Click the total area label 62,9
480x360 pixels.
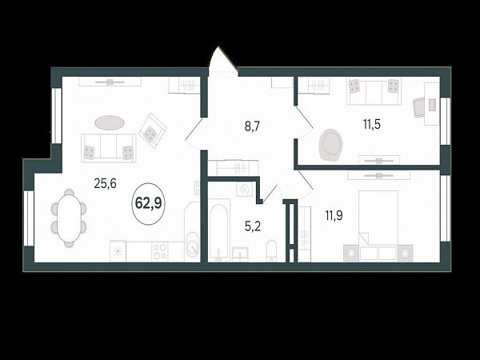tap(148, 203)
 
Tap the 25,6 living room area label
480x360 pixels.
tap(105, 184)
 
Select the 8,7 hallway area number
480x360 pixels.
tap(252, 126)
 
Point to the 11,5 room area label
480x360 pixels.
tap(372, 124)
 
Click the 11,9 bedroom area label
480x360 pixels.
tap(334, 215)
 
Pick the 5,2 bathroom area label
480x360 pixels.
tap(253, 226)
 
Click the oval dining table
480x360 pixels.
tap(69, 218)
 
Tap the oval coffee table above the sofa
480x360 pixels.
tap(110, 122)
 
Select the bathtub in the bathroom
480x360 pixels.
tap(219, 230)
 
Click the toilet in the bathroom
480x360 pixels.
tap(271, 251)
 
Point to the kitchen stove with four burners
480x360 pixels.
tap(159, 251)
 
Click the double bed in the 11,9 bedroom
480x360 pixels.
tap(378, 226)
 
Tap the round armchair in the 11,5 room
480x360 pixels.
tap(330, 145)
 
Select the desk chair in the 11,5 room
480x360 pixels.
tap(418, 107)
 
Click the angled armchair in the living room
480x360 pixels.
tap(153, 130)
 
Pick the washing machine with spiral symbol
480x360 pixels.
tap(244, 190)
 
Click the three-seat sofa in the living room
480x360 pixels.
tap(109, 147)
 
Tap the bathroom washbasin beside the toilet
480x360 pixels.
tap(240, 254)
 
